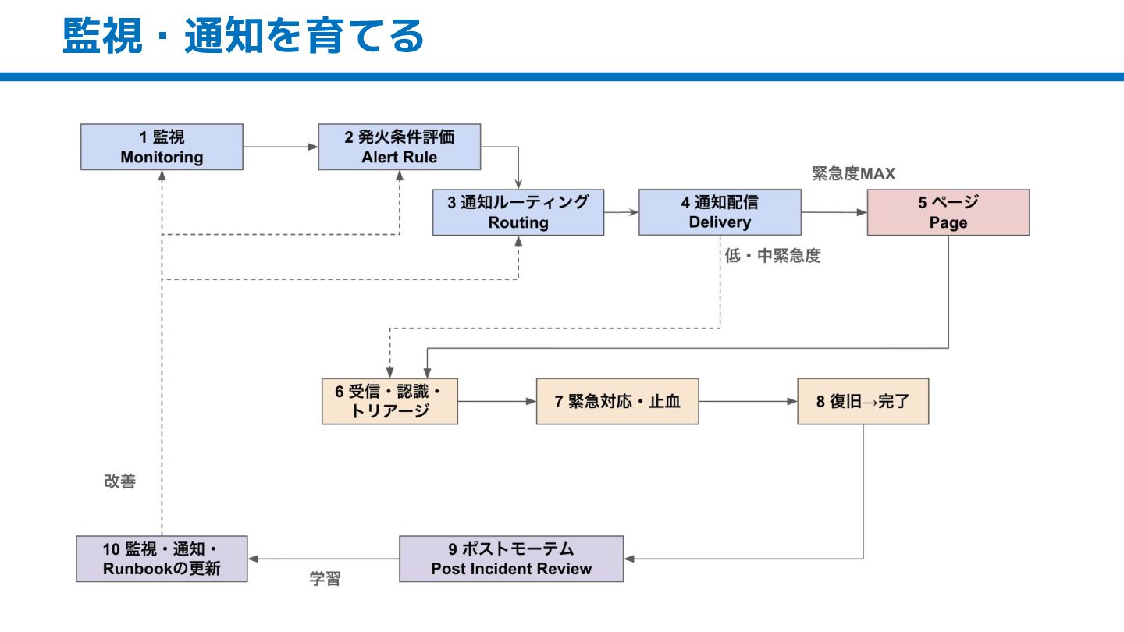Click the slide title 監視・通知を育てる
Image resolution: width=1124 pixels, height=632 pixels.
244,35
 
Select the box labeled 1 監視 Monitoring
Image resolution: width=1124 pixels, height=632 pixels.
162,147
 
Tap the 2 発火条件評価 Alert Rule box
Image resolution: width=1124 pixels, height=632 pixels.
400,147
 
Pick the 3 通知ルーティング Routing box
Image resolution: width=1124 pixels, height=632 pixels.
518,212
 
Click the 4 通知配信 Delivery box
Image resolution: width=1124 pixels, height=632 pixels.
720,212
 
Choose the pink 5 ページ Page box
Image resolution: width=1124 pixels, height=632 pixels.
948,212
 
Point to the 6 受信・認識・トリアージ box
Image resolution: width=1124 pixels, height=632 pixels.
389,401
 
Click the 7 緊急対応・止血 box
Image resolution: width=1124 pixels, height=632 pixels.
617,401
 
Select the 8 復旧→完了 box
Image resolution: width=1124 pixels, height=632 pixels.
863,401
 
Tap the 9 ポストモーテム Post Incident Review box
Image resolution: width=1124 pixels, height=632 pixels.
511,559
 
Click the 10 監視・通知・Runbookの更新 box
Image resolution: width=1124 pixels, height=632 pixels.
162,559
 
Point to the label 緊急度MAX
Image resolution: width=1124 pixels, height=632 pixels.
854,173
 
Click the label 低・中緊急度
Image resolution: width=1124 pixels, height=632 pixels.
772,256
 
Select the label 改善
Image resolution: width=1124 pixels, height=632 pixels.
120,481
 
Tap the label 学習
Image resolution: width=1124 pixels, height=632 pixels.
325,579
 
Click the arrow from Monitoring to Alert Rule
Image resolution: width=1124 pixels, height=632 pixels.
281,147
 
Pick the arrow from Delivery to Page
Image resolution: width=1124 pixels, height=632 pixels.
834,212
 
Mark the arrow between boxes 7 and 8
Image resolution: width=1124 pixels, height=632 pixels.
748,401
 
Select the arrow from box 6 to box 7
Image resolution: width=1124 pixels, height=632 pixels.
496,401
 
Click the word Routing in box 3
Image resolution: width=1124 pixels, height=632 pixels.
518,222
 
